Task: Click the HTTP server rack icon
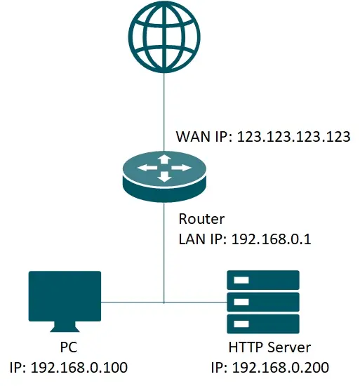263,302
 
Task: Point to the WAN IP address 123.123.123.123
293,137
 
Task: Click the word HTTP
244,347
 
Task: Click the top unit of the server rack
263,281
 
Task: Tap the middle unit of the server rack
263,302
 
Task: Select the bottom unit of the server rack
263,324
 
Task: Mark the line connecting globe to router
164,105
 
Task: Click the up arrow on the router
164,159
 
